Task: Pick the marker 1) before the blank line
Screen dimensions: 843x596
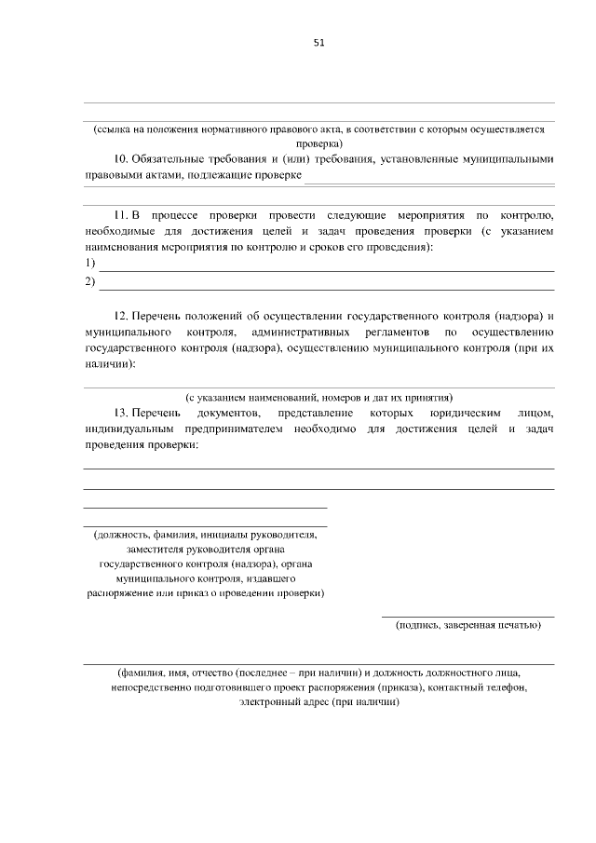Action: pos(89,265)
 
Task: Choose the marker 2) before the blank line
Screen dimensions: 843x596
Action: pos(89,281)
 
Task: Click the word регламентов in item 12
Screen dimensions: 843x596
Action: pos(397,333)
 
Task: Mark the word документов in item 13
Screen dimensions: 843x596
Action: pos(224,413)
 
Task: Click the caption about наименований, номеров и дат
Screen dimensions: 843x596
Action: pos(318,396)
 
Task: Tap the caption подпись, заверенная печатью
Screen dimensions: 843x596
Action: pos(467,625)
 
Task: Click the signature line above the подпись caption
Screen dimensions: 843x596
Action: pos(467,616)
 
